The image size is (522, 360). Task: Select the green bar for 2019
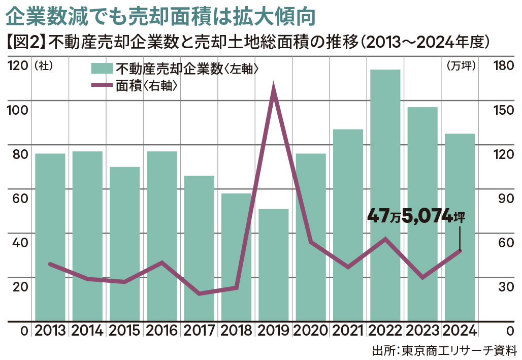(x=273, y=264)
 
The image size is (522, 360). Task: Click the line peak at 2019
(x=274, y=90)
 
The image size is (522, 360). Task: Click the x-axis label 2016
(x=161, y=332)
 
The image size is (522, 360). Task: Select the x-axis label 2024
(x=460, y=332)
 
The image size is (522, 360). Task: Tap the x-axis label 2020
(x=311, y=332)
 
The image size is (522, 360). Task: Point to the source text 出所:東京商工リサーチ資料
(x=444, y=350)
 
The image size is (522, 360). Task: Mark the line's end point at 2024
(x=460, y=250)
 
